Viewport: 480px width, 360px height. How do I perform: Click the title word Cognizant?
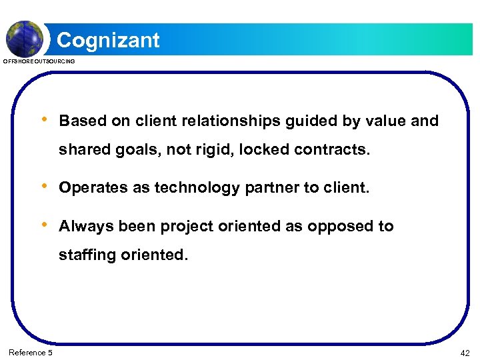(108, 40)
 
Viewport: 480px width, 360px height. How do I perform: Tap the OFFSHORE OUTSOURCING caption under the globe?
(39, 61)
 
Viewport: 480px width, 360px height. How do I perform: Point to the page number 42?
(465, 352)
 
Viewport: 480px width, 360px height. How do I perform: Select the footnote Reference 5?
(31, 352)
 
